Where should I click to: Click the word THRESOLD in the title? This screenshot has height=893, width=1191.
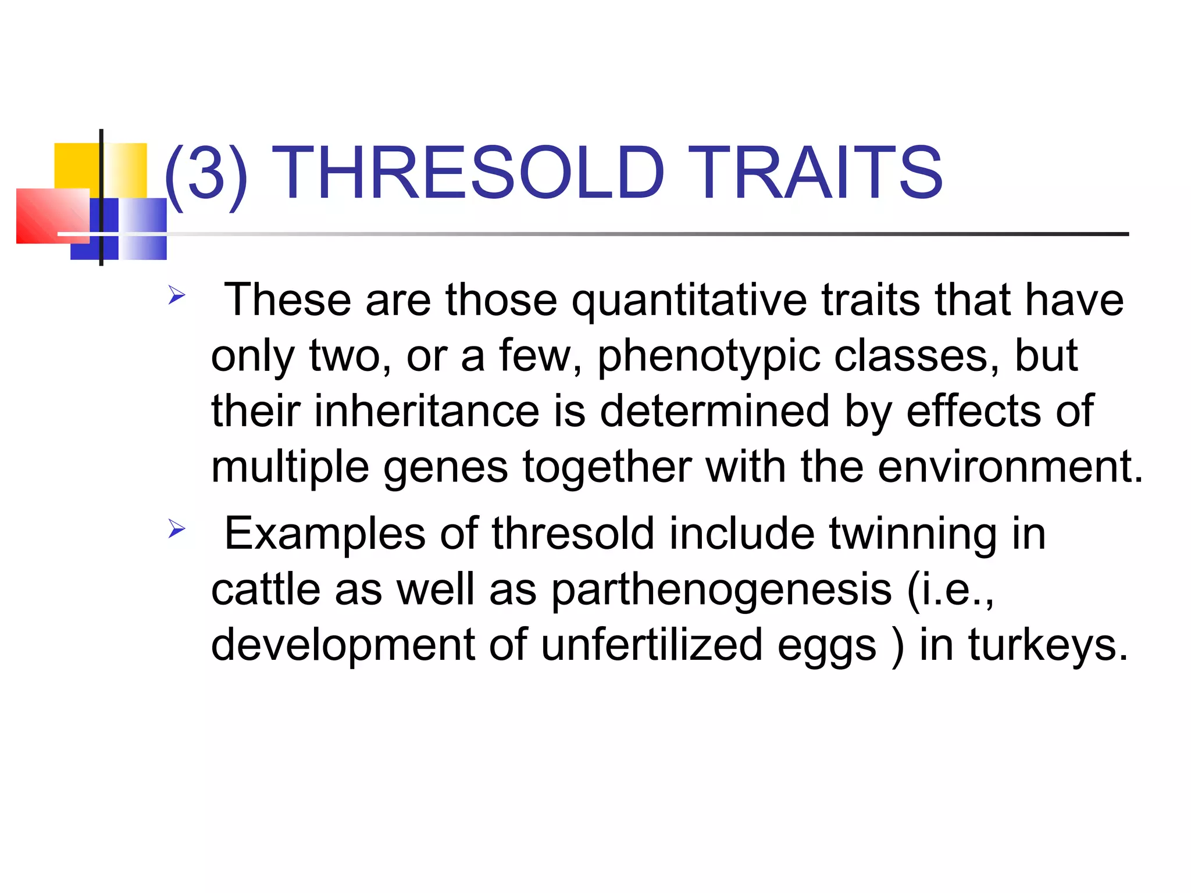468,173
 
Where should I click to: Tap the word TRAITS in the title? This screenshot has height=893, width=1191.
814,173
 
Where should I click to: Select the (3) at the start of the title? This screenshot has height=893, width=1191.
206,173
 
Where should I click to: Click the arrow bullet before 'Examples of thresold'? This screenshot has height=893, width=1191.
176,529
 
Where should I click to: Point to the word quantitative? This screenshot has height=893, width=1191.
689,301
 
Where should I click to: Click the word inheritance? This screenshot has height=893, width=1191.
427,411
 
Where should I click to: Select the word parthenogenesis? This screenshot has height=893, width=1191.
721,590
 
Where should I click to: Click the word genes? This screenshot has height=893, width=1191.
445,468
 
